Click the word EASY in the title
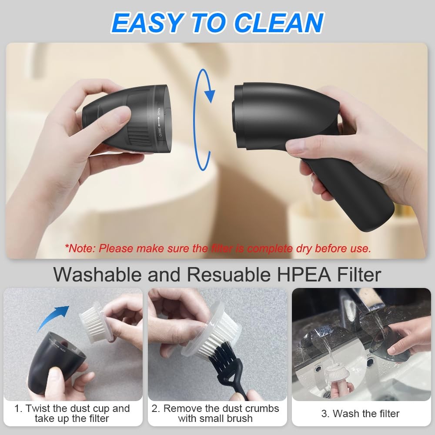coord(147,23)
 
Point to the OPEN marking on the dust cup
coord(159,111)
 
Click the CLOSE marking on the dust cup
coord(160,132)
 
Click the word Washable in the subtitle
coord(97,274)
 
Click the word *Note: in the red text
coord(80,248)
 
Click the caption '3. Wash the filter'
coord(360,413)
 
